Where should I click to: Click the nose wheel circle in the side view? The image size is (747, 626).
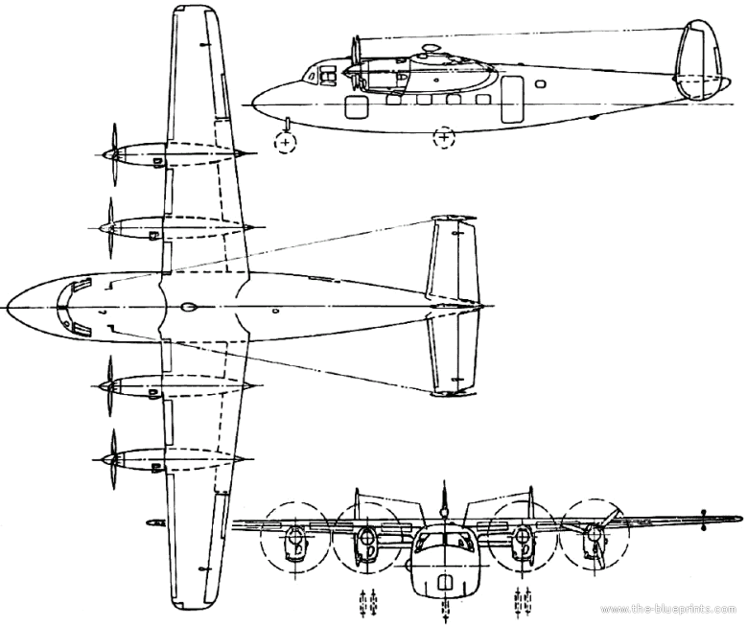click(285, 143)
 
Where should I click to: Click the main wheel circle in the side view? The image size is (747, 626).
click(444, 138)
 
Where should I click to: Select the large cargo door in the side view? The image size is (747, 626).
click(512, 99)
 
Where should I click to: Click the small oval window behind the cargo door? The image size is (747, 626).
click(540, 84)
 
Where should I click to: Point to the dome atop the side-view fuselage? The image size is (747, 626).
click(432, 49)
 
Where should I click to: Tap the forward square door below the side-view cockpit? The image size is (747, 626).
click(357, 107)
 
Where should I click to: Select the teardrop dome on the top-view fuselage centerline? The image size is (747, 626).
click(188, 308)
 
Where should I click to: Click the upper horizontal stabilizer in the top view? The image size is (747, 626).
click(453, 258)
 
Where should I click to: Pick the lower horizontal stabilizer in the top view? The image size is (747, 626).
click(453, 354)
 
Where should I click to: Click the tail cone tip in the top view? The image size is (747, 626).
click(483, 307)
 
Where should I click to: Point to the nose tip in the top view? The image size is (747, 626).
click(8, 307)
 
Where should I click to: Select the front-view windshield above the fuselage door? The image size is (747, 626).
click(444, 540)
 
